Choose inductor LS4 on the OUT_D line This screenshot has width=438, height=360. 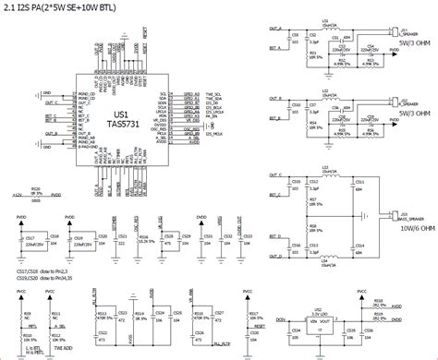325,259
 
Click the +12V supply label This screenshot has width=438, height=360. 15,196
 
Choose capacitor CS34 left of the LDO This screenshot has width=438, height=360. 295,330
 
